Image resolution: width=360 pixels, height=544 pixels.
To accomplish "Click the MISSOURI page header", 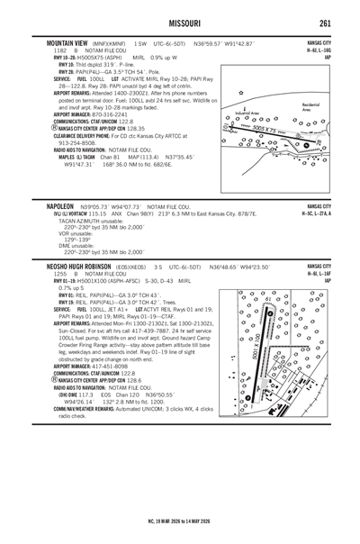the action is pos(181,23).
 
